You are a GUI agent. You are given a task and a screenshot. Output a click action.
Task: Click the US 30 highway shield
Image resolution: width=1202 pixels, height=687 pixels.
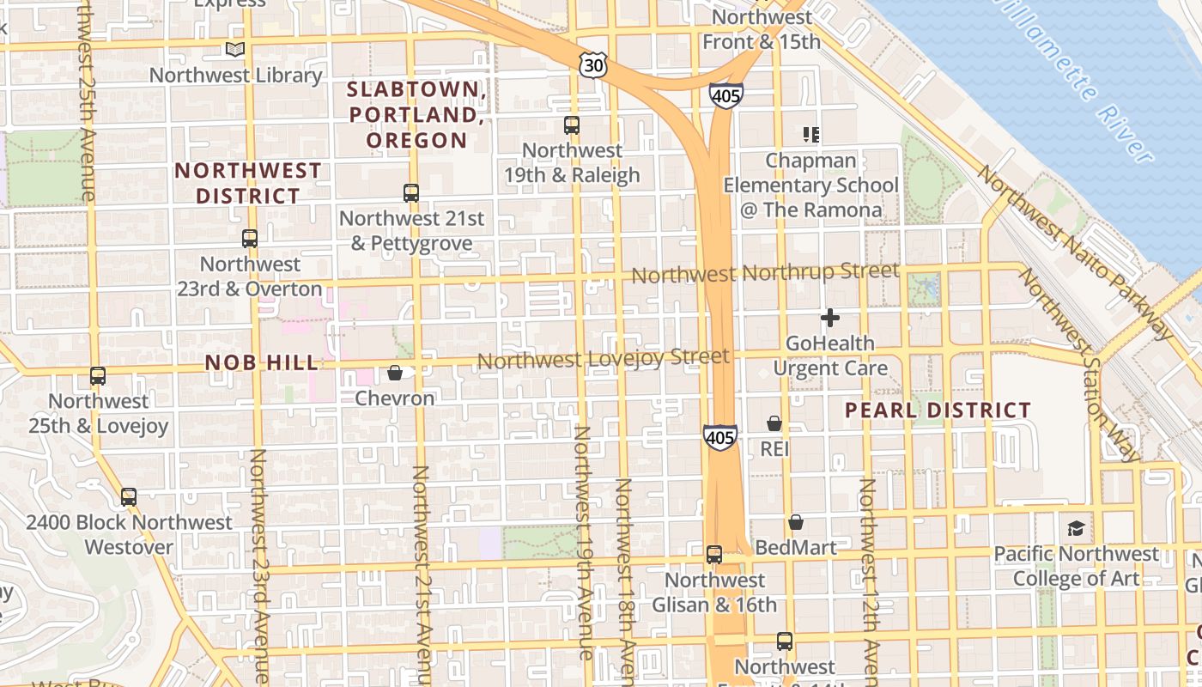pos(592,64)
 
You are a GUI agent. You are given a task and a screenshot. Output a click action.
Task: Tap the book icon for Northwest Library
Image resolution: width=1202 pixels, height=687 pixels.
pos(235,50)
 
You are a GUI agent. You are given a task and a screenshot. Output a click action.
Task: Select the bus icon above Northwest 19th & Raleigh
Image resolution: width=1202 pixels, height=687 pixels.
pos(572,125)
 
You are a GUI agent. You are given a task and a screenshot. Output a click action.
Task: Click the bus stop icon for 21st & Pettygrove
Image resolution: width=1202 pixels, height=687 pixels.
pos(411,193)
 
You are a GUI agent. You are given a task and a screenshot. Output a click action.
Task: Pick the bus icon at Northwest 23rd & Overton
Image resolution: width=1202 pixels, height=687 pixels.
pos(250,239)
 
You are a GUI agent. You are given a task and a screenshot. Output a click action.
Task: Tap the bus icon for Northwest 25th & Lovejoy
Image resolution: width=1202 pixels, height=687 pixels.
pos(98,376)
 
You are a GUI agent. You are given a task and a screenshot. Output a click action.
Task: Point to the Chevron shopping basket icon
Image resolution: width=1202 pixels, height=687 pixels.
pos(395,373)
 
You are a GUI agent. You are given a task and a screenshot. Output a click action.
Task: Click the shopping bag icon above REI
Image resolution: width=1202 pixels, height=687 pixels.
pos(774,423)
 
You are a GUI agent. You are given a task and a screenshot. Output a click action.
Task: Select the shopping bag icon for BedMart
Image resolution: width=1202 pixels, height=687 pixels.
pos(796,522)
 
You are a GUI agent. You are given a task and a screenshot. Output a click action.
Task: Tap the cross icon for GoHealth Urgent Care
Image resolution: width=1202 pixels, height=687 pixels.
pos(830,318)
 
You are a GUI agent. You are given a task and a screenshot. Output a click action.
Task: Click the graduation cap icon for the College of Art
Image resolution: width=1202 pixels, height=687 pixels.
pos(1076,528)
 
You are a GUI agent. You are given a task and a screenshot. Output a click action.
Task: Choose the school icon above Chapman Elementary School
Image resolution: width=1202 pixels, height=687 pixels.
pos(811,135)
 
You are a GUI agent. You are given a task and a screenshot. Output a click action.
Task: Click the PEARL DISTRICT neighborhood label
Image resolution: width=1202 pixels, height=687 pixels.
pos(938,410)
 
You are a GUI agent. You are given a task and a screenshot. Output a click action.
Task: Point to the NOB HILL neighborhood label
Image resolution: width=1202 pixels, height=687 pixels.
pos(262,363)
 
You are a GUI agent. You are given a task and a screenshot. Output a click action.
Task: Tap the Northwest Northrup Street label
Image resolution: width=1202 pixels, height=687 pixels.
pos(765,273)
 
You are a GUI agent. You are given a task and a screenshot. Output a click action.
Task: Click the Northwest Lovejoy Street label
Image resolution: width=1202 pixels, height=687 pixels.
pos(603,358)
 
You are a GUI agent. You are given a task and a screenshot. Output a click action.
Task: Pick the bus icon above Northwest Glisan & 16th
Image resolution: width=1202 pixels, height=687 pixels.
pos(714,555)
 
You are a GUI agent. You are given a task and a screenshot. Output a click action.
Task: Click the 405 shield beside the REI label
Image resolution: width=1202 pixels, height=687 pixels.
pos(719,437)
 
